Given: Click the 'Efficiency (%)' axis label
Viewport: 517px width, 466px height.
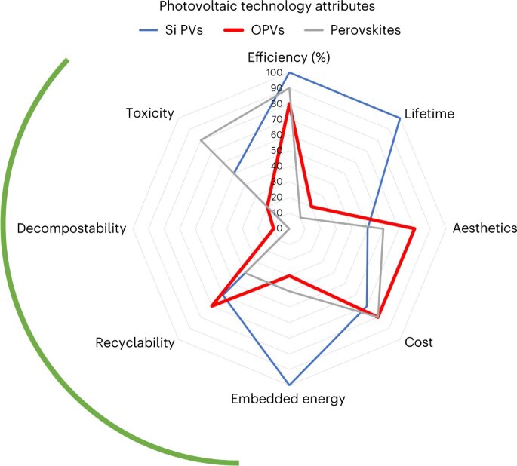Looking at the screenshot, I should (289, 57).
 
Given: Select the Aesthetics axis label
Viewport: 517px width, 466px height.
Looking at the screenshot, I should (484, 228).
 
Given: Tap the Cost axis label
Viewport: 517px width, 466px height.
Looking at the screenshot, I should (419, 342).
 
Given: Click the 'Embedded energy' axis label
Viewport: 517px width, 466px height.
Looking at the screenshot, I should (289, 399).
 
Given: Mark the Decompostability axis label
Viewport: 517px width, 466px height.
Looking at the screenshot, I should (71, 228).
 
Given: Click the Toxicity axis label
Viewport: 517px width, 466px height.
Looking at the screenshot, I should (150, 113).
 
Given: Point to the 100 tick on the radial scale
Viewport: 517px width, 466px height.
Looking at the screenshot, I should (275, 72).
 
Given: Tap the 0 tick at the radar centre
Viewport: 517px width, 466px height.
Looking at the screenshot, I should (280, 228).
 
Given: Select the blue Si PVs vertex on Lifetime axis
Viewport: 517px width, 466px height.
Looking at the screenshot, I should (399, 118).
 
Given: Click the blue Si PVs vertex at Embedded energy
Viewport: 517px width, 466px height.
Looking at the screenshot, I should (289, 384).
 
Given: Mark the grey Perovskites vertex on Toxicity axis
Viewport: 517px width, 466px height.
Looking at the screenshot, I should (201, 140).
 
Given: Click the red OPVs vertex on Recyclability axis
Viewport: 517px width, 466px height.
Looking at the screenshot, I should (212, 305).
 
